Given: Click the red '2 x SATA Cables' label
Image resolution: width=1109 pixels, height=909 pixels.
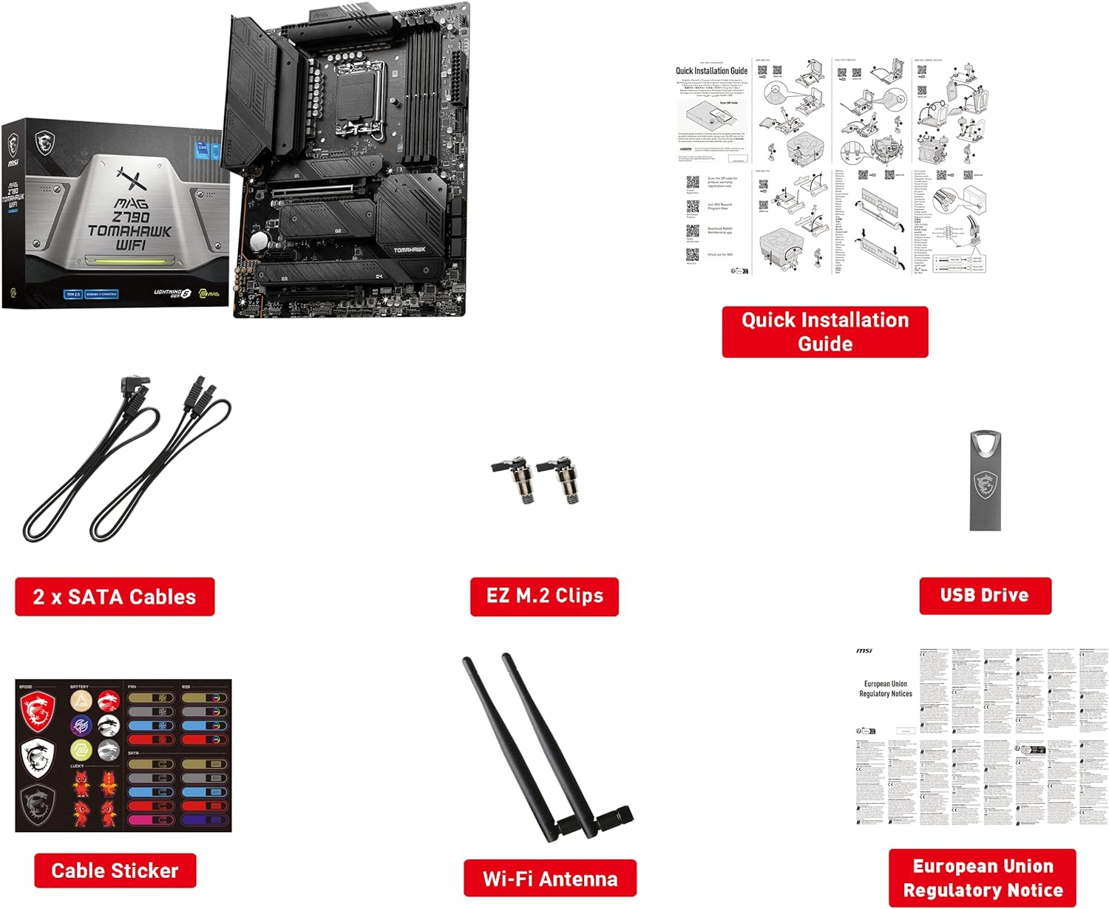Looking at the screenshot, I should pyautogui.click(x=115, y=596).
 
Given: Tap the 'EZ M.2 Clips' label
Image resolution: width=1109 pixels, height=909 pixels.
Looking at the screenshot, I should pyautogui.click(x=544, y=596).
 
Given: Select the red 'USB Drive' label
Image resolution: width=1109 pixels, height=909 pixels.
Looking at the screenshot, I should pyautogui.click(x=985, y=595).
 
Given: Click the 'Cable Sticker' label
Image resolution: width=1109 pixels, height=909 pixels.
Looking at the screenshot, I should pyautogui.click(x=115, y=871).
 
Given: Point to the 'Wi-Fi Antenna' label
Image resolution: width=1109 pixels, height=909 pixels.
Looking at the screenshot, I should pyautogui.click(x=549, y=879).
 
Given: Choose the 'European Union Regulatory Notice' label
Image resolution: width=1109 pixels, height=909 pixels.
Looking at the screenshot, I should pyautogui.click(x=983, y=878).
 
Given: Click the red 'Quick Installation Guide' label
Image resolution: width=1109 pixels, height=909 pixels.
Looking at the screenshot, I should pyautogui.click(x=824, y=332).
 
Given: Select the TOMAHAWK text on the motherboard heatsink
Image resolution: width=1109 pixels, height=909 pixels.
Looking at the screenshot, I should pyautogui.click(x=409, y=250).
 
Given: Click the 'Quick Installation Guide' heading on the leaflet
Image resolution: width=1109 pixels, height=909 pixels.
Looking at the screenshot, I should pyautogui.click(x=711, y=71).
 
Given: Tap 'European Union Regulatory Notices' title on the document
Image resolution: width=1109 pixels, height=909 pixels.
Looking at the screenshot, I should pyautogui.click(x=885, y=689).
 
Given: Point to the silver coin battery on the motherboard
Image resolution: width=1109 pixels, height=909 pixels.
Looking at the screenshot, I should pyautogui.click(x=258, y=242).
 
